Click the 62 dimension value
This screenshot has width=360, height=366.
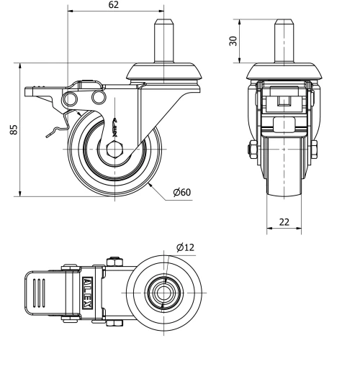[114, 5]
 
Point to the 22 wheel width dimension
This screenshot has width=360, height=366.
[284, 221]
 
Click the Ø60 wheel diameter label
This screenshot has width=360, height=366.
[181, 192]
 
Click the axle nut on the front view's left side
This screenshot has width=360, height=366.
[251, 151]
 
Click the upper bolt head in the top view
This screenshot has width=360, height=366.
[113, 261]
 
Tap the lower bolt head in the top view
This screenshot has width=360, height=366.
[113, 323]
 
